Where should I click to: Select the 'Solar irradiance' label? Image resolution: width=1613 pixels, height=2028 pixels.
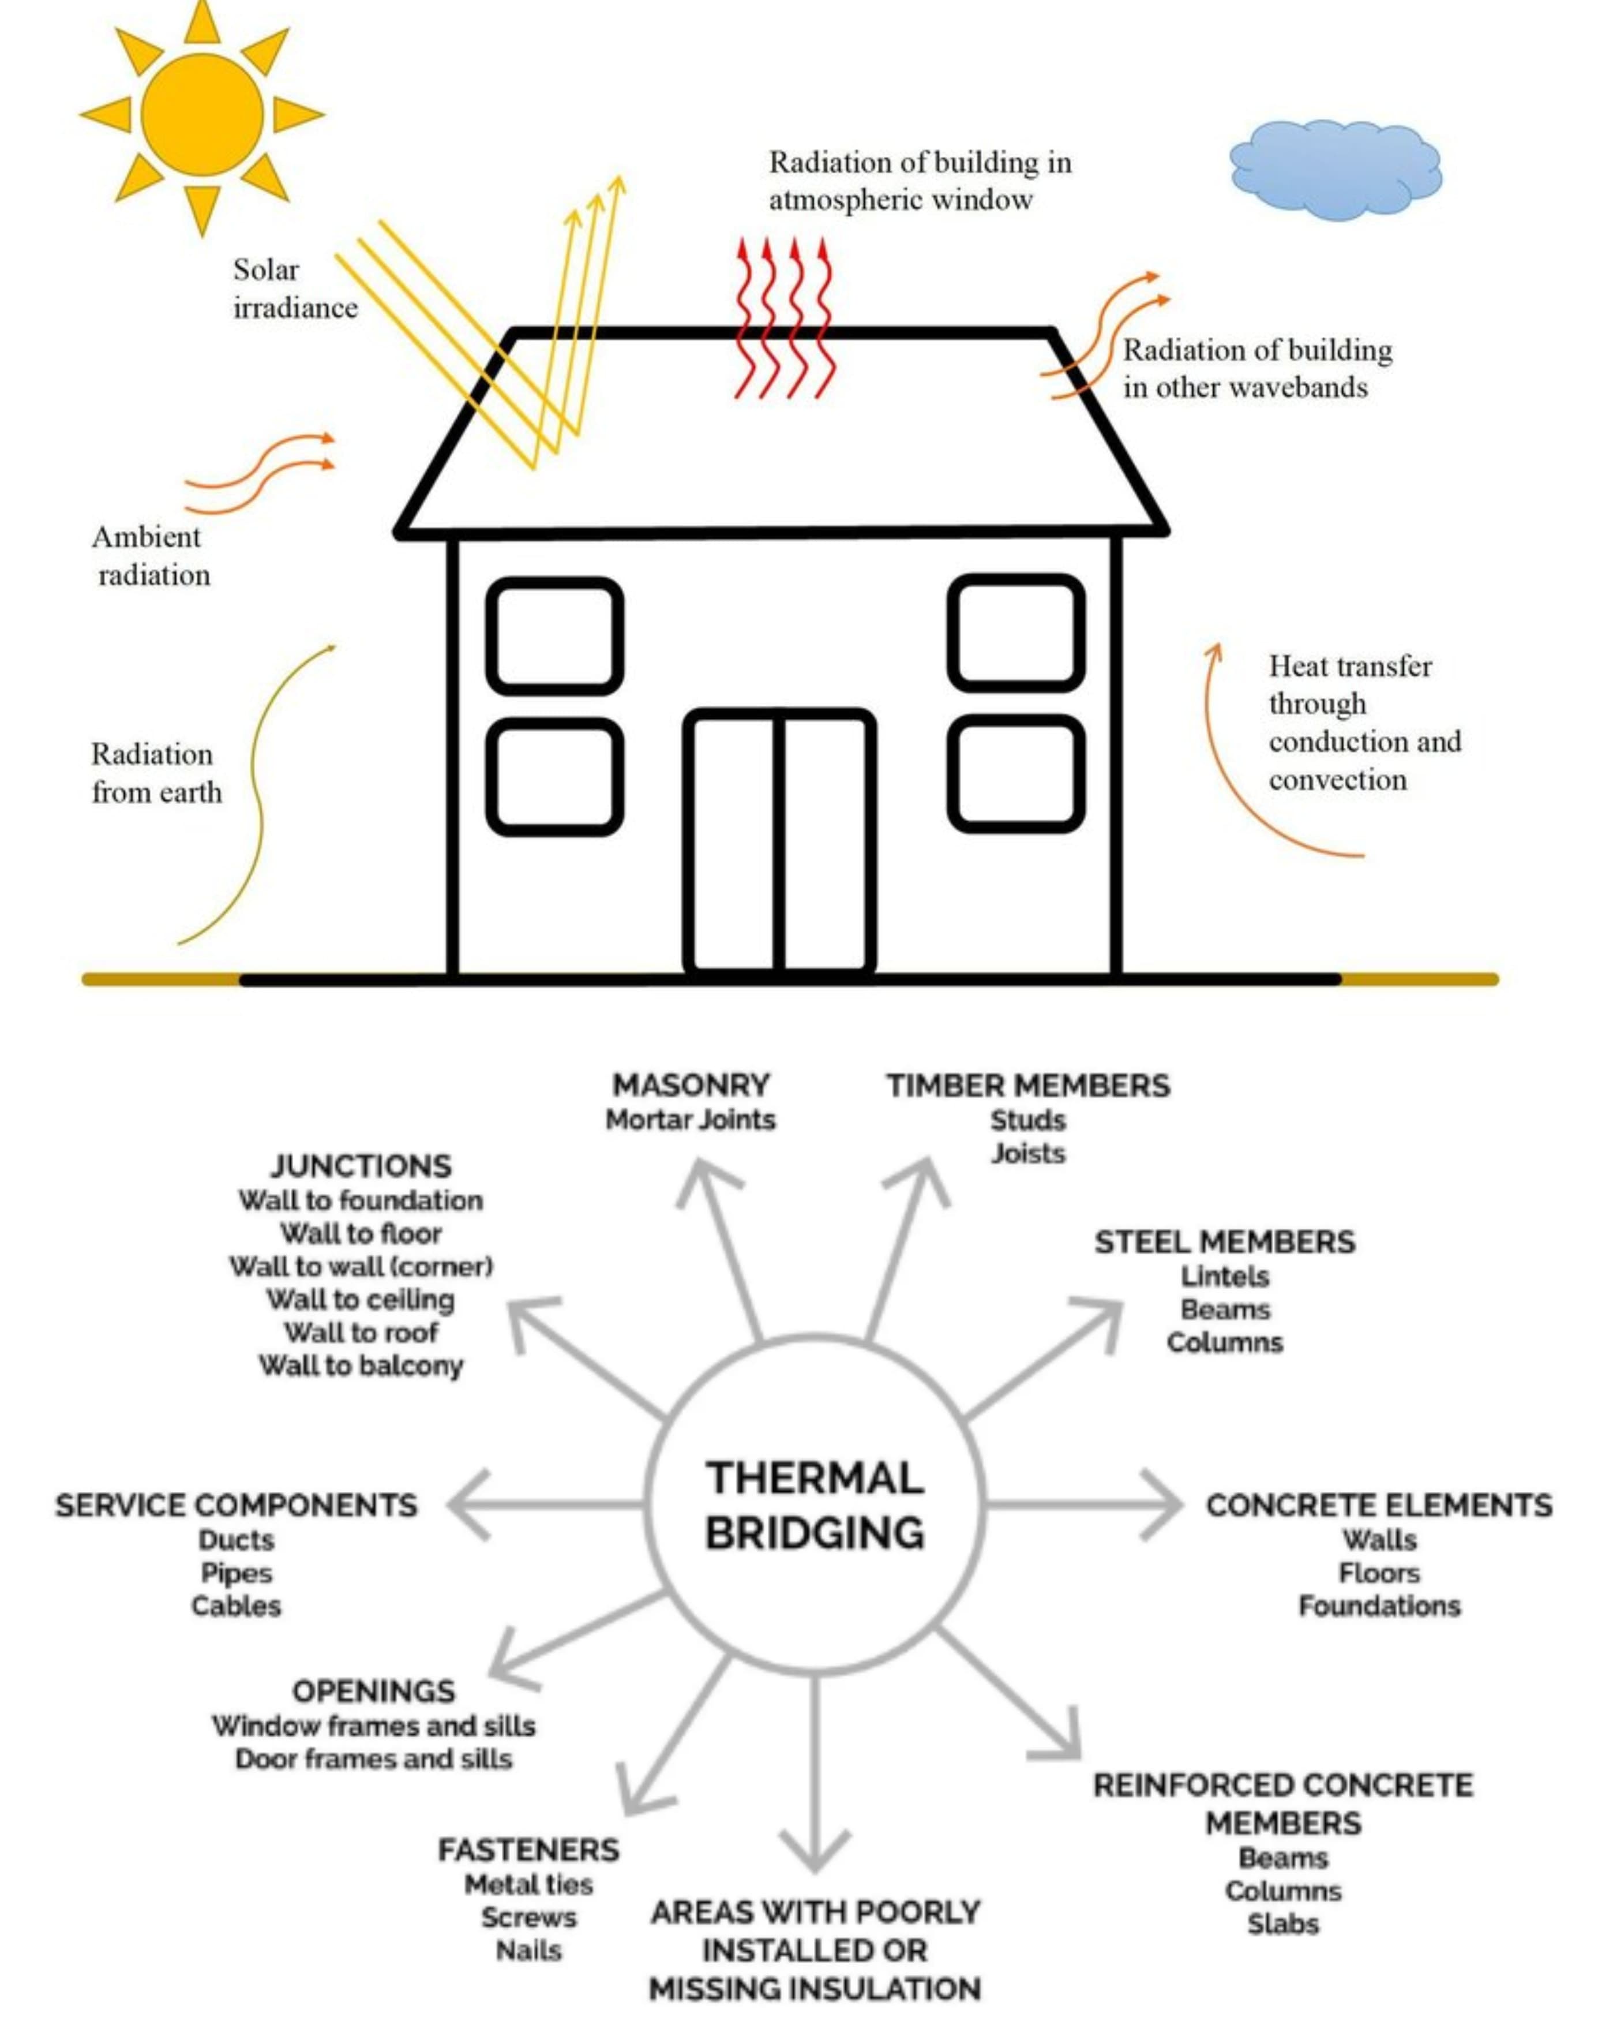click(x=294, y=288)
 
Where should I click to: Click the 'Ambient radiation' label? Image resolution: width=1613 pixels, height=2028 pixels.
click(x=151, y=555)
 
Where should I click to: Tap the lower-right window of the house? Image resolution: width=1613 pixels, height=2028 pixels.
click(x=1016, y=773)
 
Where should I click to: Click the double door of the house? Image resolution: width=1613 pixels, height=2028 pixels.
click(x=779, y=842)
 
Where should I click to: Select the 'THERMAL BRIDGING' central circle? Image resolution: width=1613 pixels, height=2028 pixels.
click(x=815, y=1505)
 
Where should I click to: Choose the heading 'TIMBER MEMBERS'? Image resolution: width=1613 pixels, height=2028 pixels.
click(x=1028, y=1086)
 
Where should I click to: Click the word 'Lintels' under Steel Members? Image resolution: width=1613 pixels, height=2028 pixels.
click(x=1225, y=1277)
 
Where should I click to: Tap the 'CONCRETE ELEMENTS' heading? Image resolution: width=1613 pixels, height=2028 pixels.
click(x=1379, y=1505)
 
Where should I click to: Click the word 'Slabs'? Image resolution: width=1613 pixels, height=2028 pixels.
click(x=1283, y=1924)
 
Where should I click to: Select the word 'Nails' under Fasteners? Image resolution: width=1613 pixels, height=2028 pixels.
click(x=528, y=1950)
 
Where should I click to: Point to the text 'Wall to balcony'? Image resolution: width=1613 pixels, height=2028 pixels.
click(x=361, y=1365)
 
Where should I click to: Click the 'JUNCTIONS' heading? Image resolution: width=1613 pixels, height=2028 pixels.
click(x=361, y=1166)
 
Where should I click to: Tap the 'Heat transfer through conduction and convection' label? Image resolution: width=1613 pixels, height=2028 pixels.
click(x=1364, y=723)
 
